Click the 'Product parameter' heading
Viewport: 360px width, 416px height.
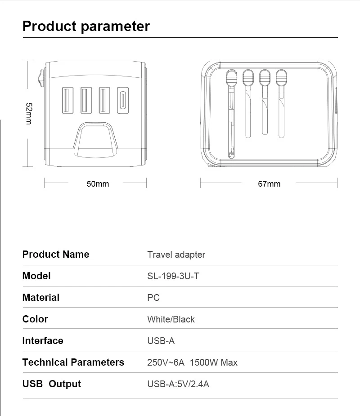point(86,26)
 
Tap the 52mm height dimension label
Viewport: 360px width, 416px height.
point(28,113)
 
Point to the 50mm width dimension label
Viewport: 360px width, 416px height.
point(98,183)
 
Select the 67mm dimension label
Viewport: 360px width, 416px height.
point(269,183)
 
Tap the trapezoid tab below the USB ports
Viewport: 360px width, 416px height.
point(95,140)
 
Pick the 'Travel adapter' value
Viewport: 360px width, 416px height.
point(176,255)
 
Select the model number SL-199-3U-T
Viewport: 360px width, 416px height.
point(173,276)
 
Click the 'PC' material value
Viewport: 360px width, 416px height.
point(153,298)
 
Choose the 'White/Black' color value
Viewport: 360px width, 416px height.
point(171,319)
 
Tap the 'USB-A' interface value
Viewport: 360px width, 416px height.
point(161,341)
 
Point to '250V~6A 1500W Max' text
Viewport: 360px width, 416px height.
point(192,362)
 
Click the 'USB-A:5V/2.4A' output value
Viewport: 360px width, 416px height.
point(178,384)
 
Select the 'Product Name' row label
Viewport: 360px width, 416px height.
point(56,255)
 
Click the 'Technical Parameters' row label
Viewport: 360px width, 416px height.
point(73,362)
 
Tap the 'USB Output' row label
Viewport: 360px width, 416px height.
point(51,384)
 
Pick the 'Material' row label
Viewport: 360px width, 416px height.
point(40,298)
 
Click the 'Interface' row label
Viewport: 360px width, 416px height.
point(43,341)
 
